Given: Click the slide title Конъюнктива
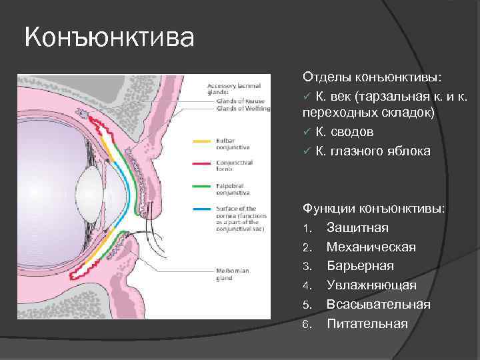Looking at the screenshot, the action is pyautogui.click(x=109, y=37).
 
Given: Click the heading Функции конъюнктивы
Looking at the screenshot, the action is pyautogui.click(x=374, y=209).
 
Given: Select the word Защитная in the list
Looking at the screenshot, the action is pyautogui.click(x=357, y=228).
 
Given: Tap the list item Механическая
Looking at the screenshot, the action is pyautogui.click(x=371, y=247).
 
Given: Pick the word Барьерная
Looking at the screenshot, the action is pyautogui.click(x=360, y=266).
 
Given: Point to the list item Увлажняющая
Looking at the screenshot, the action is pyautogui.click(x=371, y=285).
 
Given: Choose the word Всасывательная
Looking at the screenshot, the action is pyautogui.click(x=378, y=304).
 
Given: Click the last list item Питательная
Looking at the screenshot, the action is pyautogui.click(x=367, y=323).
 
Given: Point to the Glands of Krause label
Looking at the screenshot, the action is pyautogui.click(x=231, y=100).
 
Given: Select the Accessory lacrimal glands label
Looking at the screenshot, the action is pyautogui.click(x=233, y=89).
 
